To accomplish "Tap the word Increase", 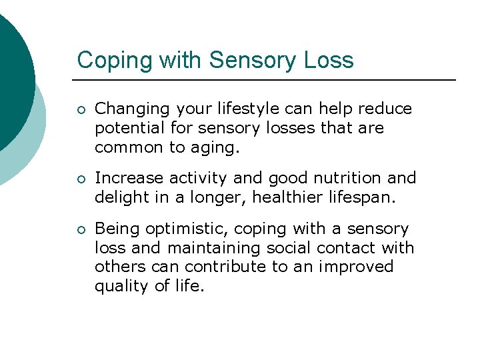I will tap(129, 179).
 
